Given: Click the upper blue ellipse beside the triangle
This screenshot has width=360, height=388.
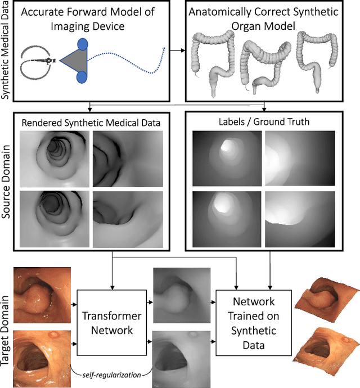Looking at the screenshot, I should tap(83, 44).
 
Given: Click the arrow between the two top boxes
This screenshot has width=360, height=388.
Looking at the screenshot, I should tap(178, 51).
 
